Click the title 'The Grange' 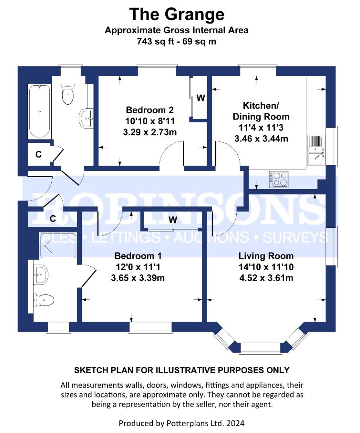[177, 14]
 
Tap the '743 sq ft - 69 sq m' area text [177, 41]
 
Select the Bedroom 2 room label [150, 110]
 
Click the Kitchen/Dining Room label [261, 111]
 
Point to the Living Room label [266, 256]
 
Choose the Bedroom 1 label [138, 256]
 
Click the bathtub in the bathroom [39, 111]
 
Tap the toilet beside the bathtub [68, 93]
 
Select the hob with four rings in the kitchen [279, 179]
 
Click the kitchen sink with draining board [316, 150]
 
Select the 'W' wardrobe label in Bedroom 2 [200, 98]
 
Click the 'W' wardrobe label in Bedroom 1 [173, 220]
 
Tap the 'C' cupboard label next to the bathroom [39, 154]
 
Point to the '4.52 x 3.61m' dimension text [266, 278]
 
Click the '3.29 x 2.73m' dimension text [150, 132]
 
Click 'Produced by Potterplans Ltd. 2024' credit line [181, 423]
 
